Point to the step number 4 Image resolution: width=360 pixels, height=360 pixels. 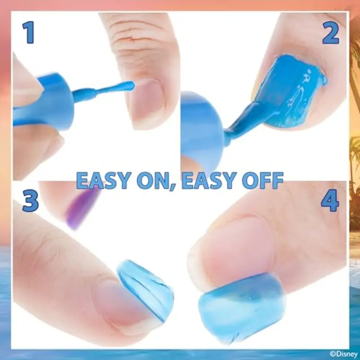point(330,201)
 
